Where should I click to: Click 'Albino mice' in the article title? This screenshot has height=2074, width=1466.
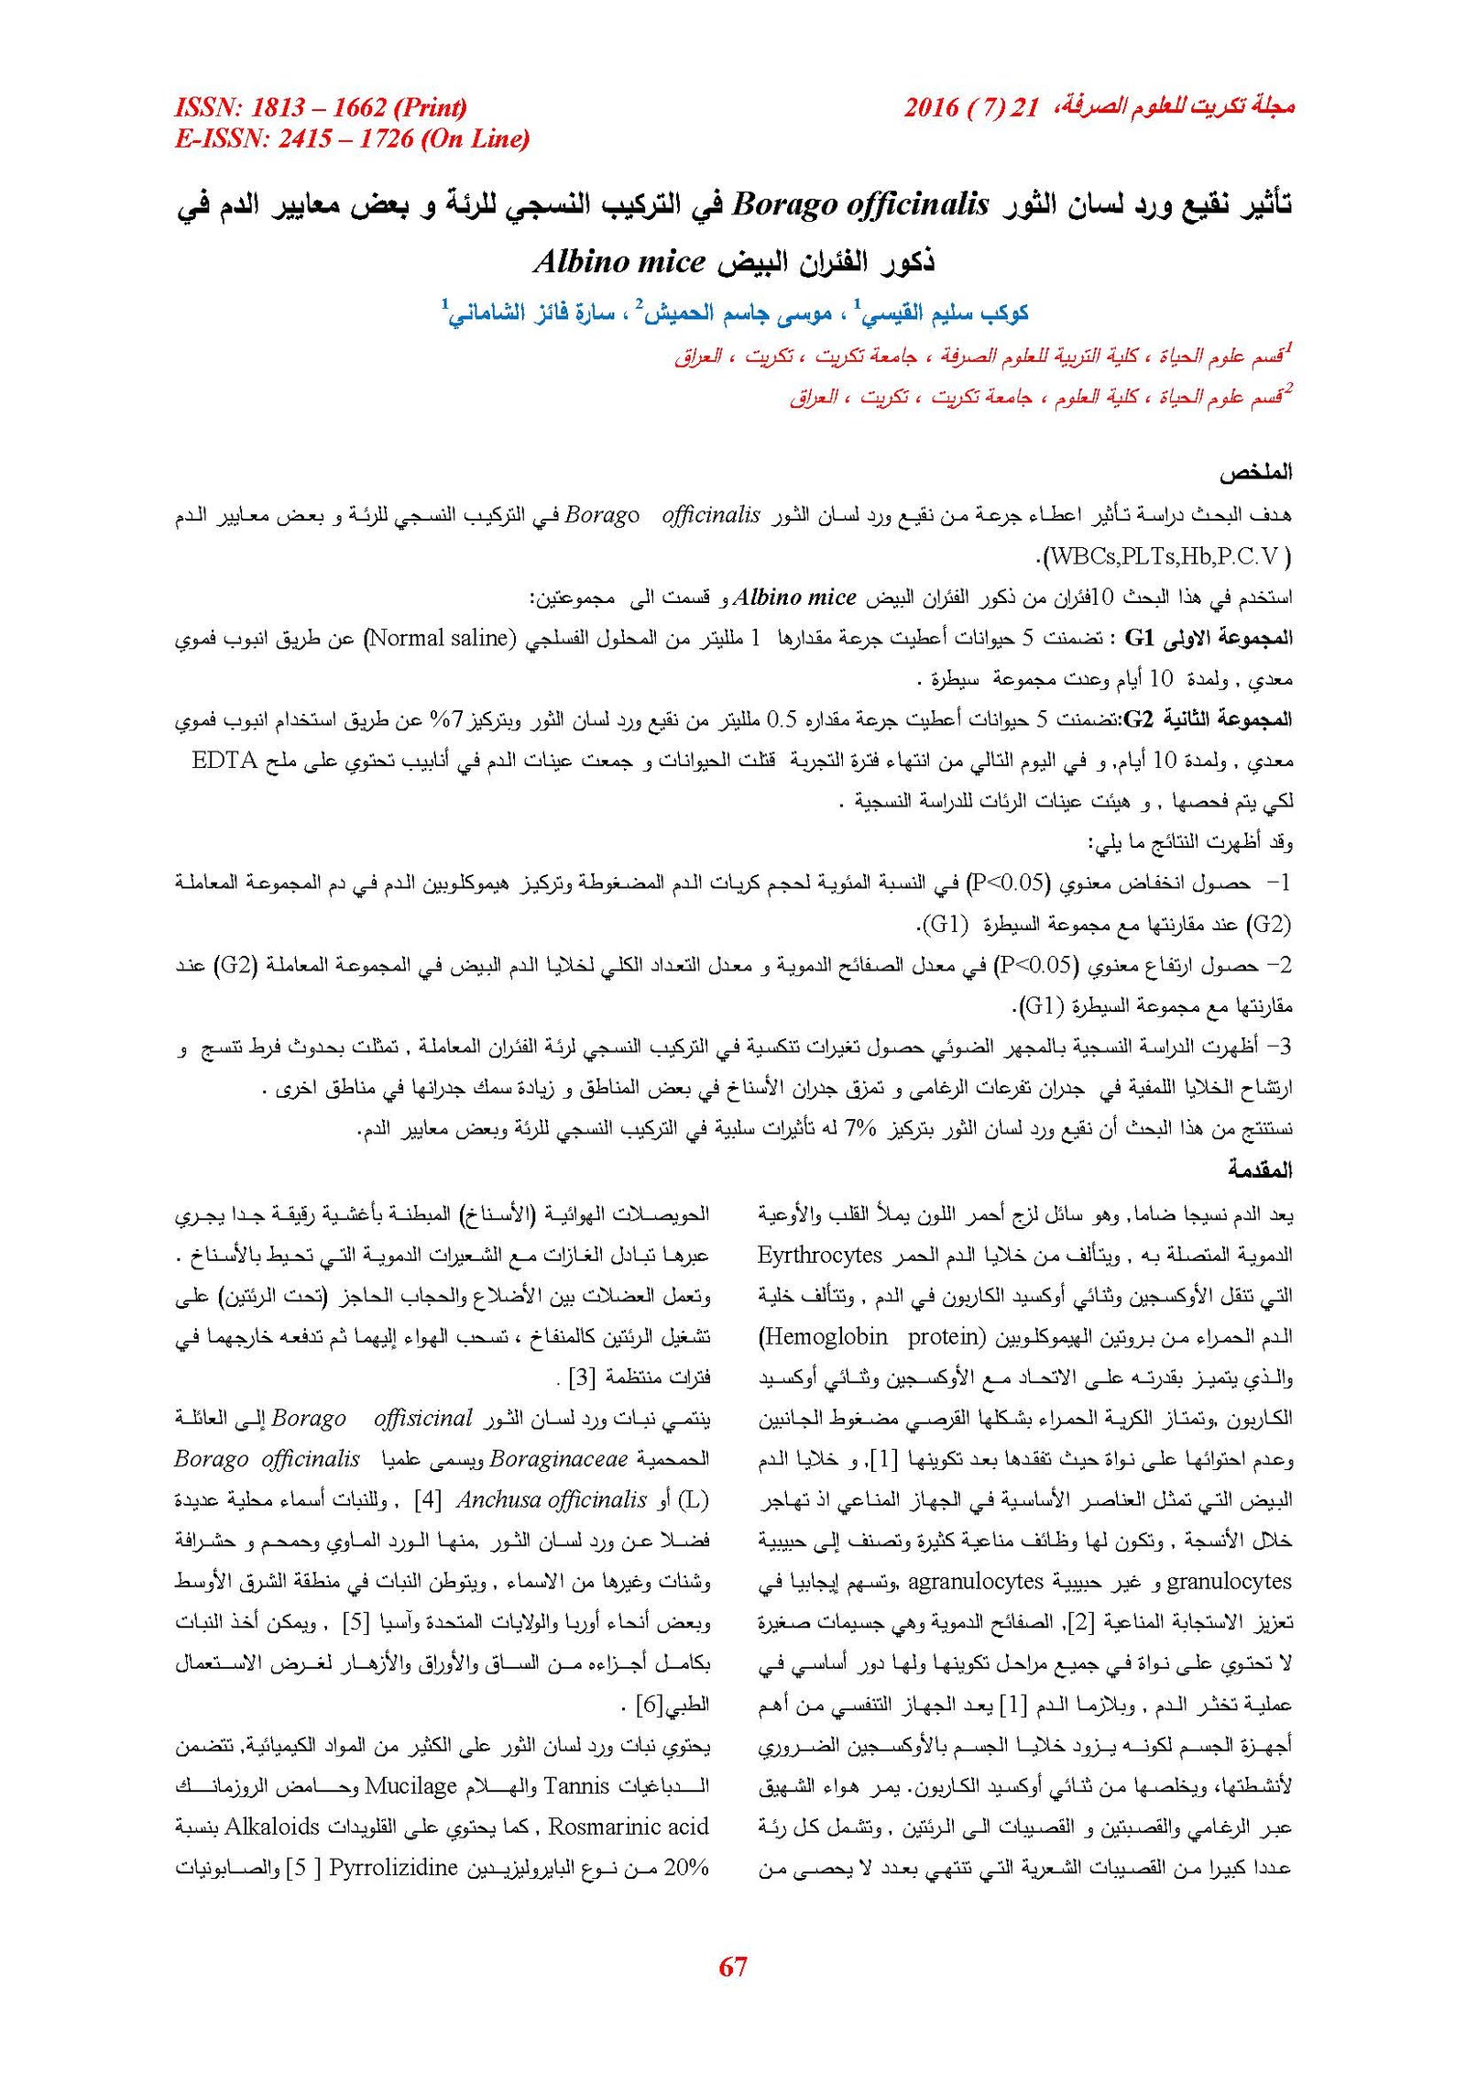pos(619,262)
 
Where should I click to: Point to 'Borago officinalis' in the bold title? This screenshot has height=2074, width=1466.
pos(861,203)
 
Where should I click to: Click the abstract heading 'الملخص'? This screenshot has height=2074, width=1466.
pos(1255,473)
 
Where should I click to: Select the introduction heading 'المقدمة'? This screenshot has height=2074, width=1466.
pos(1260,1169)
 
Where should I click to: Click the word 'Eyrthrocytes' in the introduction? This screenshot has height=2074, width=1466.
pos(820,1255)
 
